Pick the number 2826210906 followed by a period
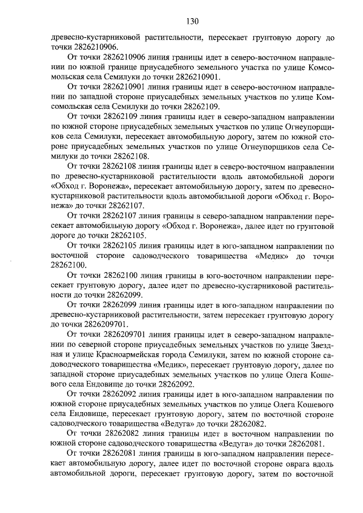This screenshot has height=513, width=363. (82, 46)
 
